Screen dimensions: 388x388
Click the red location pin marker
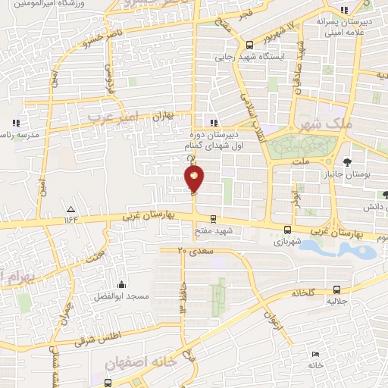pyautogui.click(x=194, y=178)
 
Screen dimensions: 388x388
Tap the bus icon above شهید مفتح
pyautogui.click(x=214, y=216)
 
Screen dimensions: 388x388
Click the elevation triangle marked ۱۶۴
pyautogui.click(x=71, y=208)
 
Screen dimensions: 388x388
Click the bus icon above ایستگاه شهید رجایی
pyautogui.click(x=250, y=44)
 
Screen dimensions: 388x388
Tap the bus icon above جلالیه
pyautogui.click(x=336, y=289)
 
